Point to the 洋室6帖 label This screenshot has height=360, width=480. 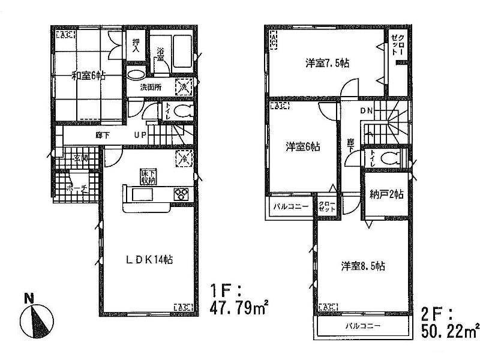point(302,146)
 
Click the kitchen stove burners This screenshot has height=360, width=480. point(181,193)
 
